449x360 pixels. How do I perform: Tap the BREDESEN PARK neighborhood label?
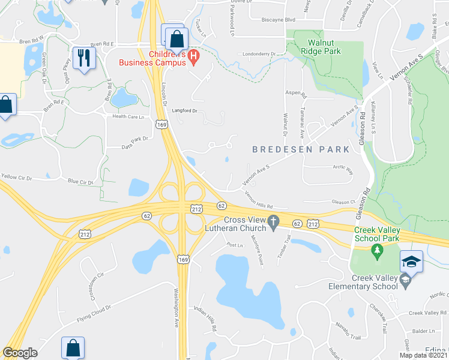[x=292, y=149]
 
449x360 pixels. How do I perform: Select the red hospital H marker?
[x=193, y=58]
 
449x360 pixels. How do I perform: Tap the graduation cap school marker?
[x=411, y=262]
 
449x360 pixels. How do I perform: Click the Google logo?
[x=20, y=353]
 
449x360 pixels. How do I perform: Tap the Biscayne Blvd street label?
[x=279, y=19]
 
